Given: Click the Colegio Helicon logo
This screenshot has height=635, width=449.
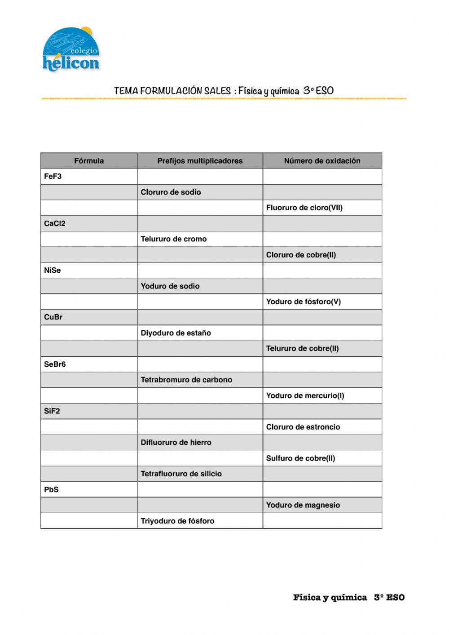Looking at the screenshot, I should coord(71,49).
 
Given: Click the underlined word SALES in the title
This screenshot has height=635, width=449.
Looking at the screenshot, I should coord(217,91).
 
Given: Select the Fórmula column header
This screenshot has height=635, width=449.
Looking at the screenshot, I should coord(89,161).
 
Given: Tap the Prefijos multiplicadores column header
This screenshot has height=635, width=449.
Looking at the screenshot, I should coord(200,161).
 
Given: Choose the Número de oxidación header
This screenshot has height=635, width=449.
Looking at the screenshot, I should coord(322,161).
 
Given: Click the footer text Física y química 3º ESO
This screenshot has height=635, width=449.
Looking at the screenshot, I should coord(348,597).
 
